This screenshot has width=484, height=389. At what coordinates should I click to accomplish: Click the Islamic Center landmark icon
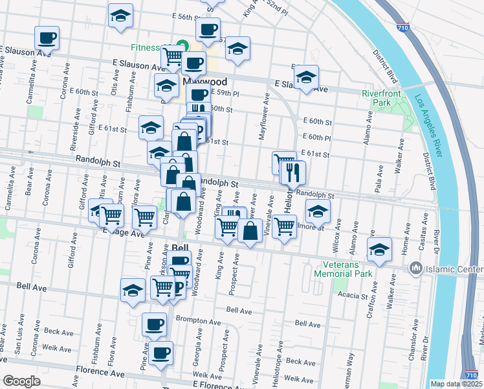[415, 268]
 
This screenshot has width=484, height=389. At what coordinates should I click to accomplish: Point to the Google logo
[21, 381]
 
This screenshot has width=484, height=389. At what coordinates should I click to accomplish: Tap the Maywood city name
[204, 82]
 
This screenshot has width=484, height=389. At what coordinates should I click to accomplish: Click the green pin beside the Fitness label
[182, 46]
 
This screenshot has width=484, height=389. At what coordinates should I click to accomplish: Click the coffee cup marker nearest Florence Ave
[160, 353]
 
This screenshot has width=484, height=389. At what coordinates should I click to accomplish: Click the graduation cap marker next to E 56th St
[120, 16]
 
